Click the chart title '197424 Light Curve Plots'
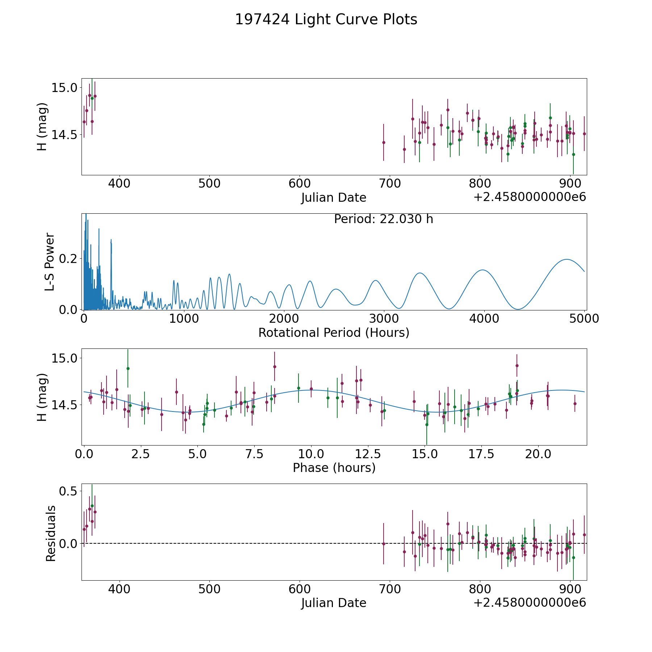pyautogui.click(x=326, y=20)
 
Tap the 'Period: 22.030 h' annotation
pyautogui.click(x=383, y=219)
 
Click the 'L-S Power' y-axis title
pyautogui.click(x=50, y=262)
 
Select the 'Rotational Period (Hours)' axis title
pyautogui.click(x=334, y=333)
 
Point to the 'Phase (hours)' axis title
pyautogui.click(x=334, y=468)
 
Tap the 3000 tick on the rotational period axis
pyautogui.click(x=384, y=319)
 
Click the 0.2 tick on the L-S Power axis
pyautogui.click(x=69, y=259)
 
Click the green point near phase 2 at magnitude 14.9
pyautogui.click(x=128, y=368)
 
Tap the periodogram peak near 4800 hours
pyautogui.click(x=566, y=259)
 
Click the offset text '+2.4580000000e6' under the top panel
pyautogui.click(x=530, y=197)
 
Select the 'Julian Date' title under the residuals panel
pyautogui.click(x=334, y=603)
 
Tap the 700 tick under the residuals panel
pyautogui.click(x=390, y=589)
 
